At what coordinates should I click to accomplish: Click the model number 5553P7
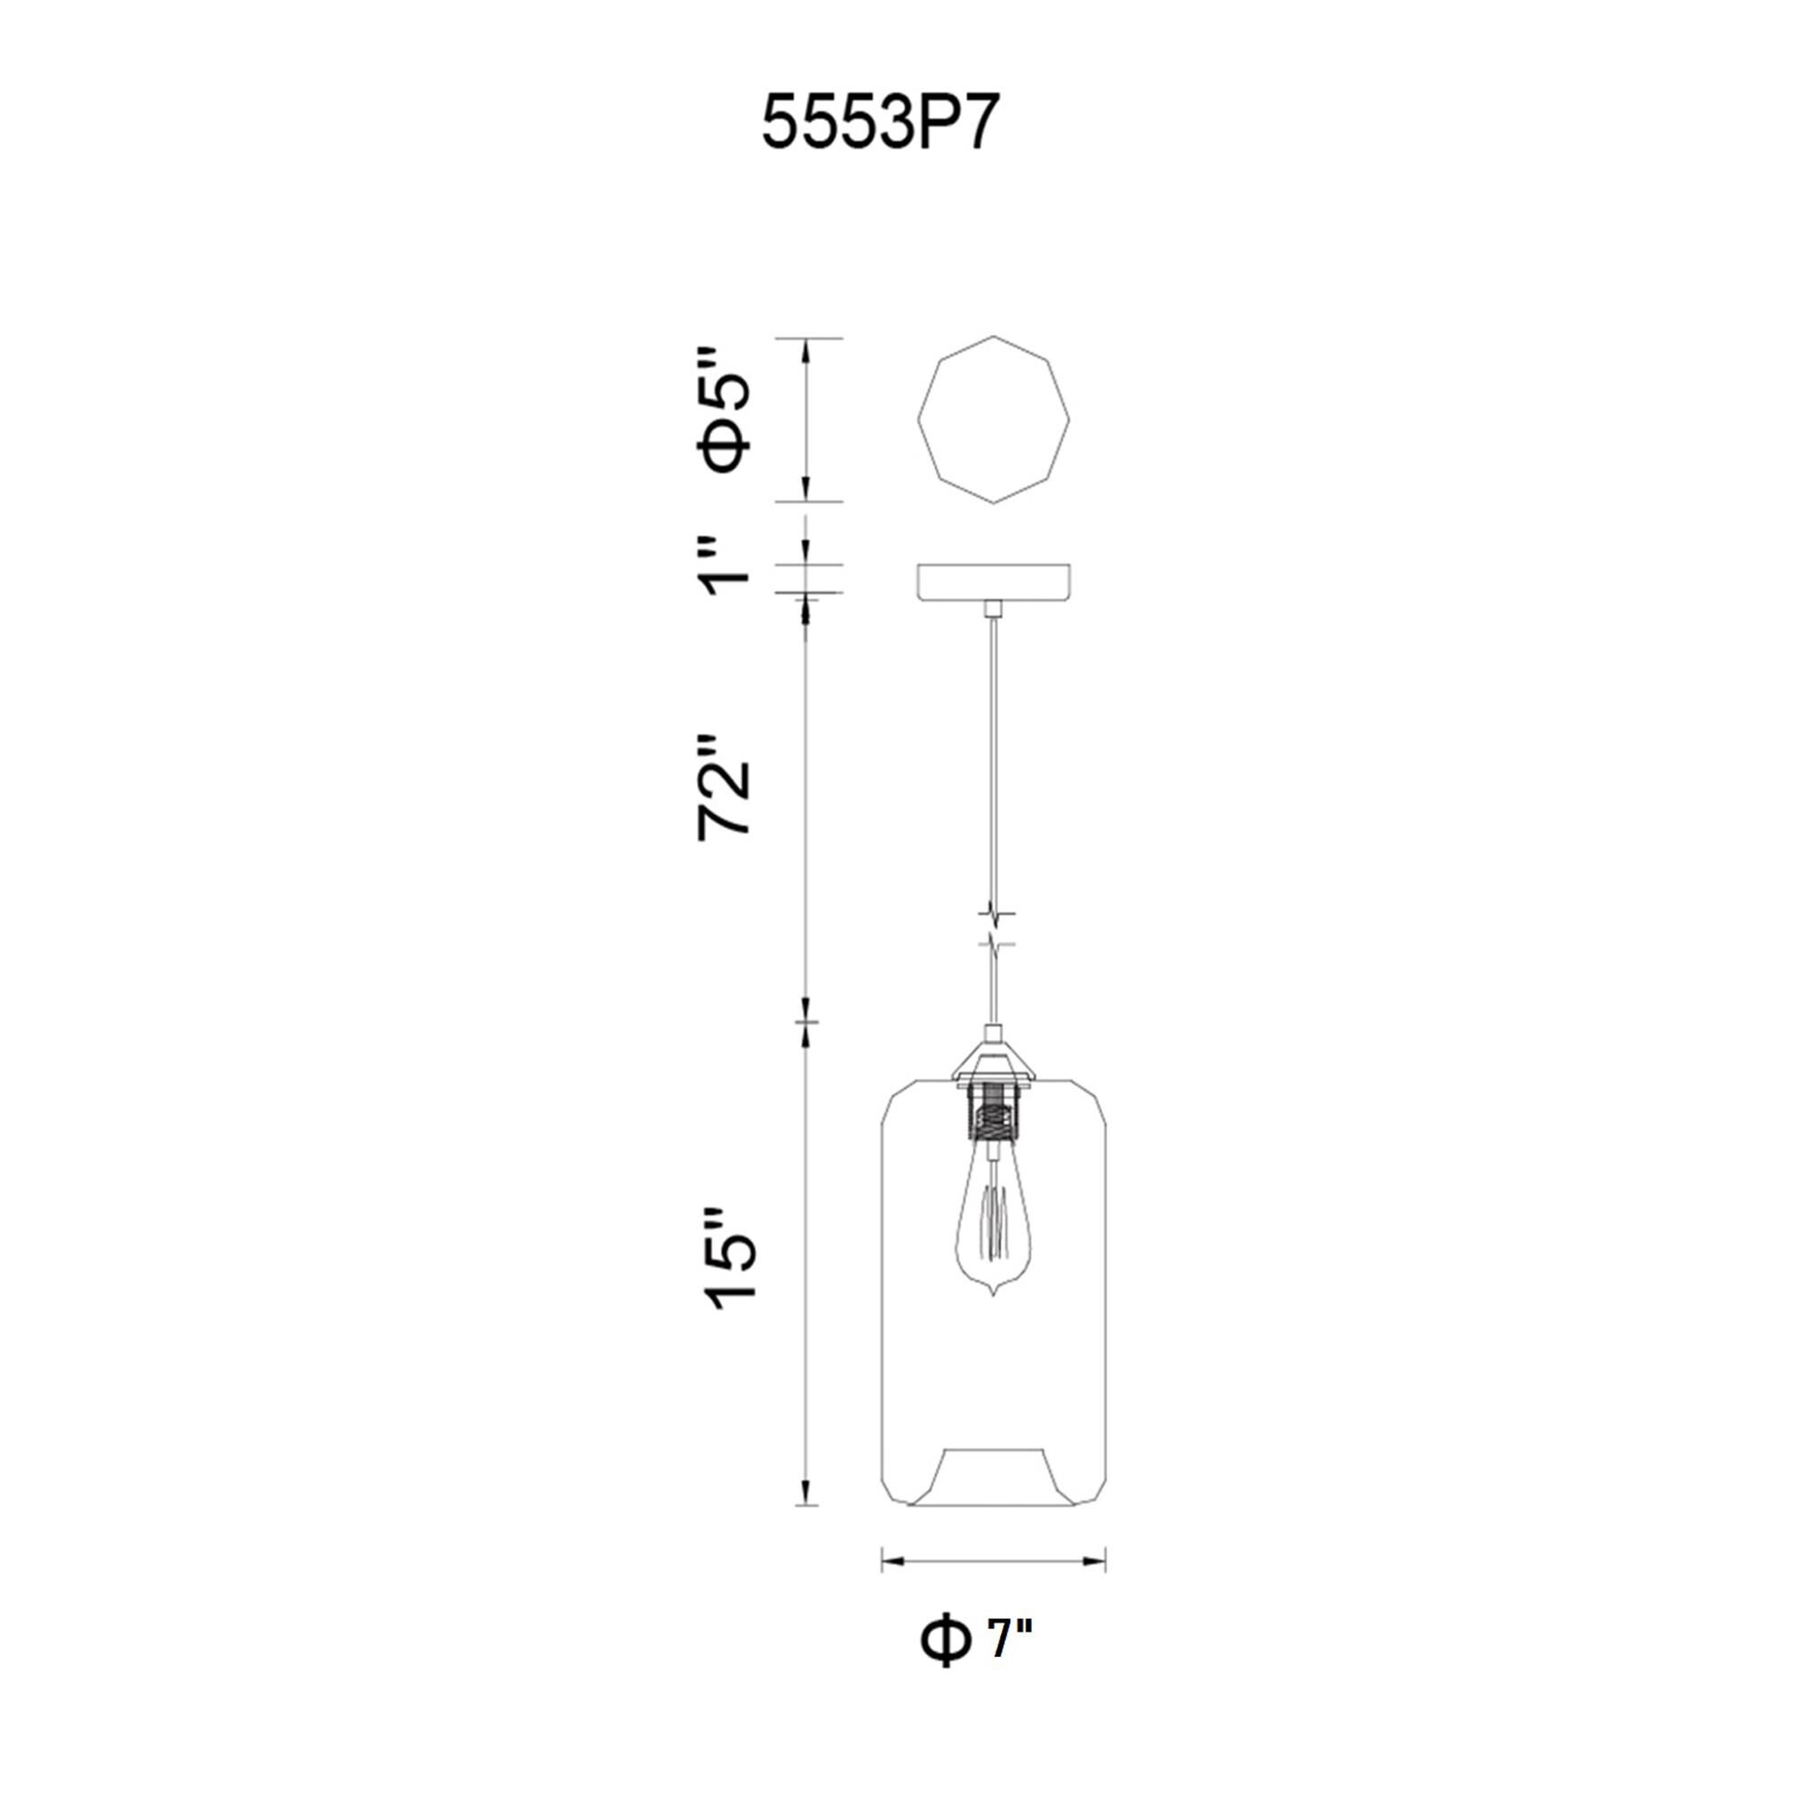(x=880, y=125)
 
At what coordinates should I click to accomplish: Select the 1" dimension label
(x=724, y=571)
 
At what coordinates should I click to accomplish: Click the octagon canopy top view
(x=993, y=420)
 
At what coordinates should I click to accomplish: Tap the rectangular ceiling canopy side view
(x=993, y=581)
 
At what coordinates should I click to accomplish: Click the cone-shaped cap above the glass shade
(x=994, y=1061)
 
